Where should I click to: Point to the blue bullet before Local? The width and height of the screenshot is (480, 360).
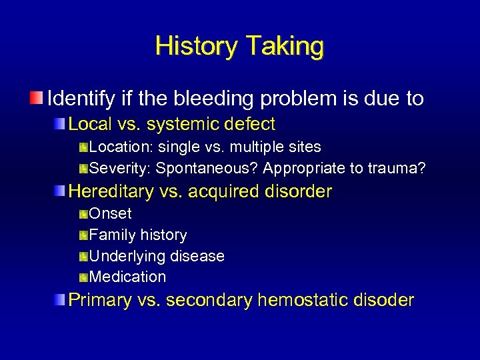[61, 124]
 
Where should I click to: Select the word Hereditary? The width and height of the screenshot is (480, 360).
[110, 191]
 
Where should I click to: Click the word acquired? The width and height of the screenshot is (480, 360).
[221, 191]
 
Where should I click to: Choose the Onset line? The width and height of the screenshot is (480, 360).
[110, 214]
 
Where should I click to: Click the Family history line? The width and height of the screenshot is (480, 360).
[138, 235]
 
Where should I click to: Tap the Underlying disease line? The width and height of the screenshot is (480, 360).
[157, 256]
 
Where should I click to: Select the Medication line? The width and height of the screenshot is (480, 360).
[127, 277]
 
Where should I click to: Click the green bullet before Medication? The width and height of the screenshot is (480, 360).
[83, 277]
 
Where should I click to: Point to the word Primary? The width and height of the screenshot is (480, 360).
[100, 300]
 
